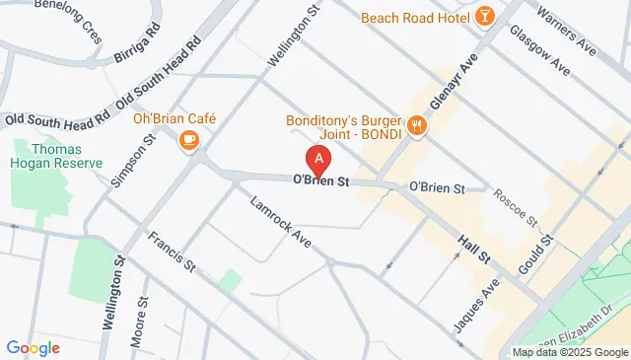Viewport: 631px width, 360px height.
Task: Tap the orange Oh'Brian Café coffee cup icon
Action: click(188, 140)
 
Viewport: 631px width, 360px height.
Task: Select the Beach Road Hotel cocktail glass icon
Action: click(484, 16)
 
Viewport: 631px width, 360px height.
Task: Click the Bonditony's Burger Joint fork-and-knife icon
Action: click(418, 124)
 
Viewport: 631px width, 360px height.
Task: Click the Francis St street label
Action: click(171, 252)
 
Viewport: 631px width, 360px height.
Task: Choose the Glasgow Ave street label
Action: click(539, 49)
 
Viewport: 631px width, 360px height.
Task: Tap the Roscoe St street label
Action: click(515, 205)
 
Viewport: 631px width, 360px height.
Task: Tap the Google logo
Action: click(34, 347)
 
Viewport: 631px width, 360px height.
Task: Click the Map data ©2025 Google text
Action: click(569, 352)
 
